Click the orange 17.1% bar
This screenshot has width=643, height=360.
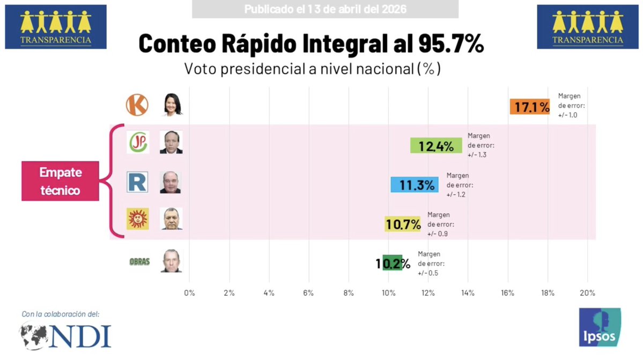[x=529, y=107]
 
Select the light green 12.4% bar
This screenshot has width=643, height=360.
[x=435, y=145]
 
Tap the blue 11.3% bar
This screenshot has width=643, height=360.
[x=414, y=185]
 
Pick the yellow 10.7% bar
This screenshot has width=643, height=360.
[x=403, y=224]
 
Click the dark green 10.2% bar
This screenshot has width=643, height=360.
[x=393, y=262]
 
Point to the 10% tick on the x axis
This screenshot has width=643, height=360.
[x=388, y=293]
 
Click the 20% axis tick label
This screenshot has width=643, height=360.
[x=587, y=293]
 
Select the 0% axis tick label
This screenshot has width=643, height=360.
[x=189, y=293]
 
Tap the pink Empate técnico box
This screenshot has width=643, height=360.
[x=60, y=181]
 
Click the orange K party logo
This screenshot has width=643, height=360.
[x=137, y=105]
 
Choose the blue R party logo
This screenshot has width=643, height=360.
[x=137, y=182]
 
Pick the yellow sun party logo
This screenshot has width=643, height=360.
[x=137, y=219]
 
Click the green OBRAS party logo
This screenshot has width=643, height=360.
[x=139, y=261]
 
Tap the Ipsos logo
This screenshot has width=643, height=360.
[x=600, y=327]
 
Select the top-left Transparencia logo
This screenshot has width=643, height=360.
[x=56, y=27]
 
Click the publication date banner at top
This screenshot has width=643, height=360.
[x=325, y=9]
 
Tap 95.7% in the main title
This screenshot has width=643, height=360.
[x=448, y=44]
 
